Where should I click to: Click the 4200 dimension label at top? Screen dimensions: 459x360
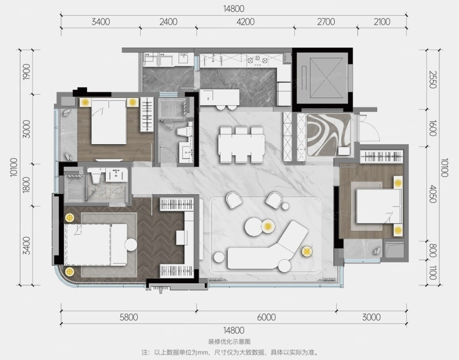[245, 22]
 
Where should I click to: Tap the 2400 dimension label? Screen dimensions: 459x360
[168, 22]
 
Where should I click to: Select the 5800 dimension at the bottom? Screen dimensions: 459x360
[129, 317]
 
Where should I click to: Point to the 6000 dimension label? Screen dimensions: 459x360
[266, 317]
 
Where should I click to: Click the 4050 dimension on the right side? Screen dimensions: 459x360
[433, 194]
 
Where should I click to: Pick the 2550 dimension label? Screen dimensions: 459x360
[433, 79]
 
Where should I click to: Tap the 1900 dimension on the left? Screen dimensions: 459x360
[26, 72]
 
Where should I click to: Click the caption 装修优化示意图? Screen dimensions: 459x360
[229, 342]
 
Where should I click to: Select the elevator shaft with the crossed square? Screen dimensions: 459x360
[322, 78]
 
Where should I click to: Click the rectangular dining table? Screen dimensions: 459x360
[241, 145]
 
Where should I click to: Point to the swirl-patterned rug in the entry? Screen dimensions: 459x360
[329, 134]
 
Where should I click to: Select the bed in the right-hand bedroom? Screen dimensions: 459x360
[378, 206]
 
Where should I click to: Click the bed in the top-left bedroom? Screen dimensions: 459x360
[109, 122]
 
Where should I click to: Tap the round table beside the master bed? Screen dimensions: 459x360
[131, 244]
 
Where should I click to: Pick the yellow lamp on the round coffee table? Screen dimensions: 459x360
[267, 226]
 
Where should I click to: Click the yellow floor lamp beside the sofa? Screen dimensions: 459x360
[306, 251]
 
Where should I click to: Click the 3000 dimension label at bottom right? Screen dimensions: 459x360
[372, 317]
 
